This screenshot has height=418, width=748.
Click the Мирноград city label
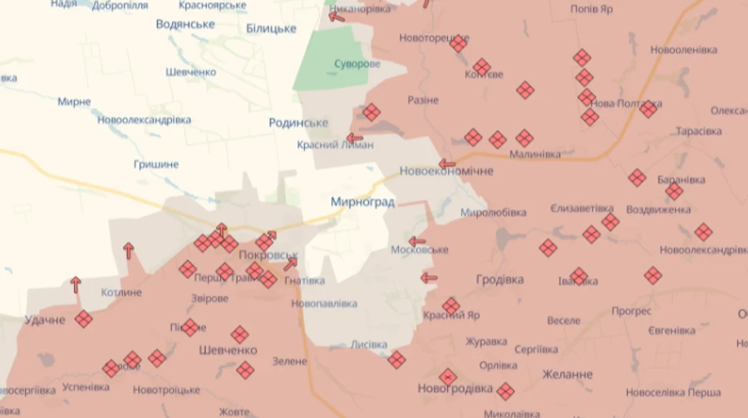(362, 202)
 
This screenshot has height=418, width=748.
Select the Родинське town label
(298, 123)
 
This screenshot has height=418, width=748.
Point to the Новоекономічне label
(446, 171)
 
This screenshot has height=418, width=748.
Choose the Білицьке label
(271, 29)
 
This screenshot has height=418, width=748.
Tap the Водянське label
(185, 25)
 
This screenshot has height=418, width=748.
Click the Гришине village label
(156, 165)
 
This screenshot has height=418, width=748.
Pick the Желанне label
(568, 375)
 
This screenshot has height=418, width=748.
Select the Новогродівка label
(455, 389)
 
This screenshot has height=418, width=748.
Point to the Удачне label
(45, 320)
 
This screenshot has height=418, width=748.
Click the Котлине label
(121, 293)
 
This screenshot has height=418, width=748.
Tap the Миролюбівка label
(493, 213)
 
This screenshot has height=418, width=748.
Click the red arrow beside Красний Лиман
(355, 138)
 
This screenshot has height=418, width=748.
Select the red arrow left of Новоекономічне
(447, 164)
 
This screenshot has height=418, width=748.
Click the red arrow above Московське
(417, 241)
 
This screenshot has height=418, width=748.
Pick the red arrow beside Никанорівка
(337, 15)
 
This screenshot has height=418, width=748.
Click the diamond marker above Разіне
(372, 112)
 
